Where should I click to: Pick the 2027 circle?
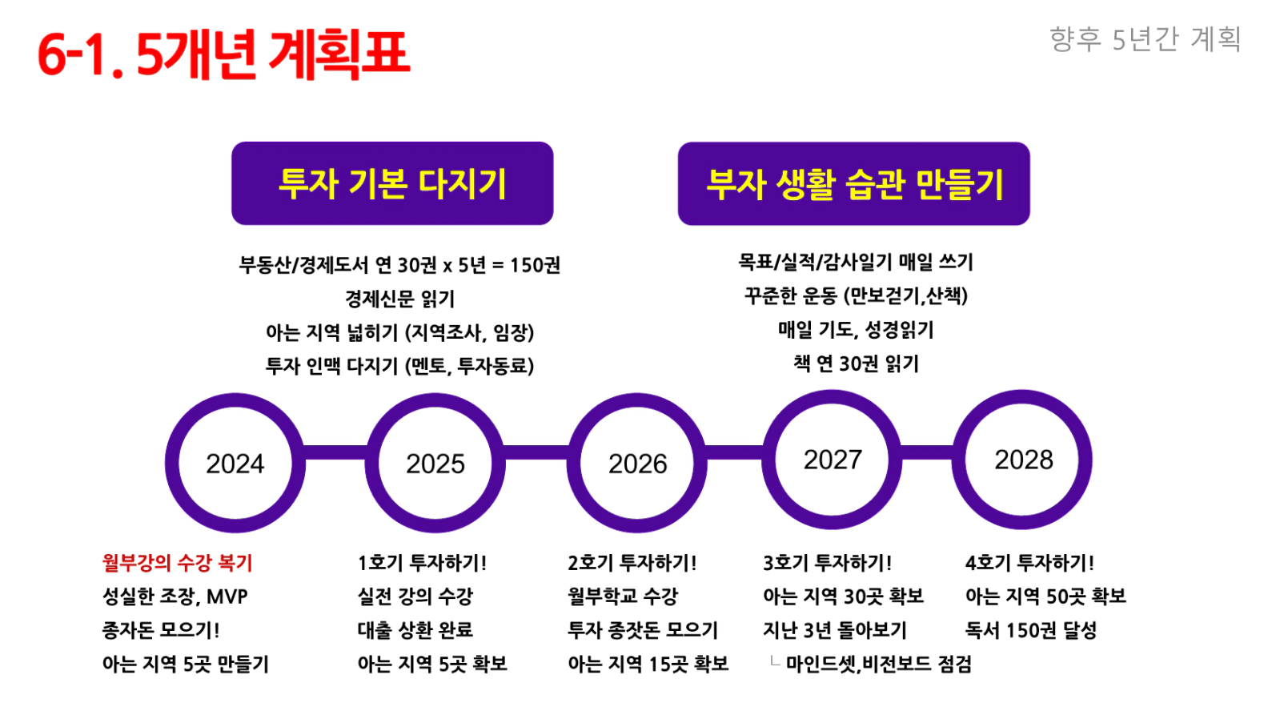tap(768, 460)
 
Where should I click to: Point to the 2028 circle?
tap(958, 460)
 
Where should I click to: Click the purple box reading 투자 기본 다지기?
tap(392, 183)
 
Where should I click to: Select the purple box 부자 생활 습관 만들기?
tap(853, 183)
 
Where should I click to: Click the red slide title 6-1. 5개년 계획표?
tap(223, 54)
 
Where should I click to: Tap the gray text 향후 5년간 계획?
tap(1145, 39)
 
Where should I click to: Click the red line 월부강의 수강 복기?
tap(177, 562)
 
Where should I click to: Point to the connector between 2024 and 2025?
tap(335, 452)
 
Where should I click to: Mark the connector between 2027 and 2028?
tap(928, 452)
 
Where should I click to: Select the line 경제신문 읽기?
tap(399, 298)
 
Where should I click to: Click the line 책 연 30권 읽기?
tap(856, 364)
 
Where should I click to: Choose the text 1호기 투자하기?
tap(422, 562)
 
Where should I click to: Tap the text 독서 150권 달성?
tap(1031, 630)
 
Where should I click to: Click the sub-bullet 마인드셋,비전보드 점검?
tap(878, 664)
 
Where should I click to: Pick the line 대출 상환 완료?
tap(415, 630)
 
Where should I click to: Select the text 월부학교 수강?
tap(623, 596)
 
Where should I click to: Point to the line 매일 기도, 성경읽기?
tap(856, 330)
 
